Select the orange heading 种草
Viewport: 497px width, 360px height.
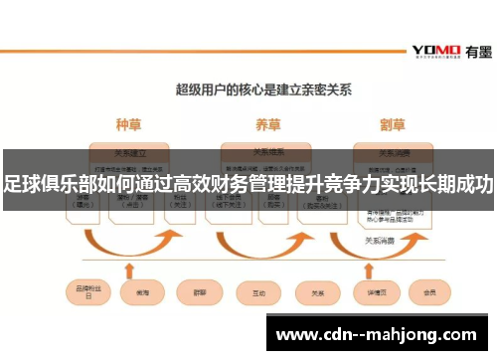(x=130, y=125)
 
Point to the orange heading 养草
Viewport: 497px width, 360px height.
(x=267, y=125)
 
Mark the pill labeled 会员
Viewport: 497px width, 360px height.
(x=430, y=292)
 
